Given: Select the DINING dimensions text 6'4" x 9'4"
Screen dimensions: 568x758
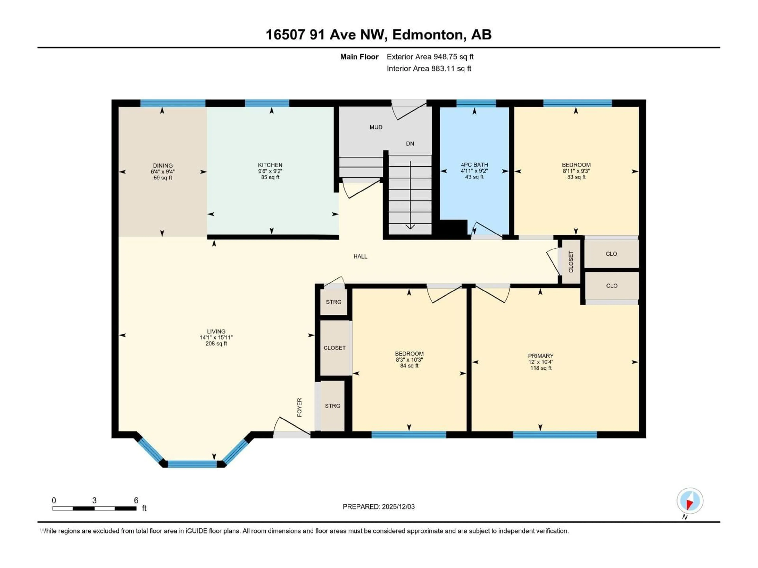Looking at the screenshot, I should tap(163, 172).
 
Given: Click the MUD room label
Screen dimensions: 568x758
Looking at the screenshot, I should tap(376, 127).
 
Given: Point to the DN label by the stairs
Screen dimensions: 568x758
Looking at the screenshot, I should tap(410, 143).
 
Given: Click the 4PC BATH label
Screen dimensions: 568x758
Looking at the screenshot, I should tap(474, 165).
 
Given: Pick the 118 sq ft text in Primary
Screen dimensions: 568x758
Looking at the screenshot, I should tap(540, 368).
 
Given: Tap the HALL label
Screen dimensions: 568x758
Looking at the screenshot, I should tap(360, 256).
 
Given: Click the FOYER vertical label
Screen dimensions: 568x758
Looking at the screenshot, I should tap(299, 407).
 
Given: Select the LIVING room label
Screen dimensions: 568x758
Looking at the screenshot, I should tap(216, 331).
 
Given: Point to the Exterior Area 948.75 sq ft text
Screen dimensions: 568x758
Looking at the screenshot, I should tap(430, 57).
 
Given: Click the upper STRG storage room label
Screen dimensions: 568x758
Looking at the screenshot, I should tap(333, 302).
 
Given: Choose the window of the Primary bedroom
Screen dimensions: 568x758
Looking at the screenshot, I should tap(555, 435).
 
